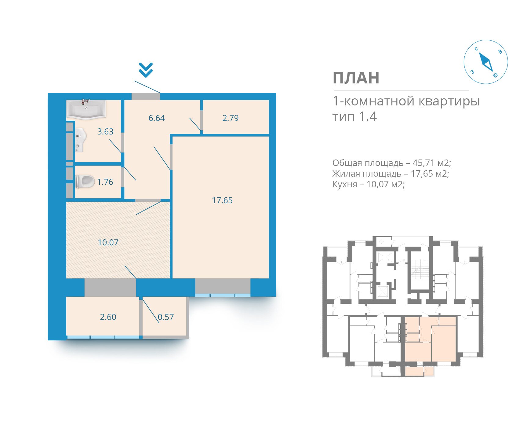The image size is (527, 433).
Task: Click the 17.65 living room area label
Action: click(222, 200)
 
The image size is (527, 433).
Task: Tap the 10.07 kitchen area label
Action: click(108, 243)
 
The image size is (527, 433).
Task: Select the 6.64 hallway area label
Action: click(157, 118)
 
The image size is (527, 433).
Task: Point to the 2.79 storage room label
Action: click(231, 118)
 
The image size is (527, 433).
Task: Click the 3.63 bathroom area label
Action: click(105, 132)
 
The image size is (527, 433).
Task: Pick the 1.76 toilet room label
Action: click(105, 182)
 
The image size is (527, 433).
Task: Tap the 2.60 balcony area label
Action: click(108, 317)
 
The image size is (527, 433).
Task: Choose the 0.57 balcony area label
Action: click(166, 317)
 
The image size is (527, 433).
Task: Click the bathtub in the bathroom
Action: click(86, 109)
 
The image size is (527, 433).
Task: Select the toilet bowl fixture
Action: click(85, 182)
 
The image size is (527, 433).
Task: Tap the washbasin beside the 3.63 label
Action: click(80, 140)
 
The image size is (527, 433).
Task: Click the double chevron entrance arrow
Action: click(146, 70)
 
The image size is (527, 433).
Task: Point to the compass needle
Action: click(485, 62)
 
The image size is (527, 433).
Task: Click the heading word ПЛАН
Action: click(356, 78)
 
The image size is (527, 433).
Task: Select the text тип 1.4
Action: click(354, 117)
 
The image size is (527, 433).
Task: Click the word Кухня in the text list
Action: click(345, 184)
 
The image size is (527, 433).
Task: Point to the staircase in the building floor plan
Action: click(420, 269)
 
